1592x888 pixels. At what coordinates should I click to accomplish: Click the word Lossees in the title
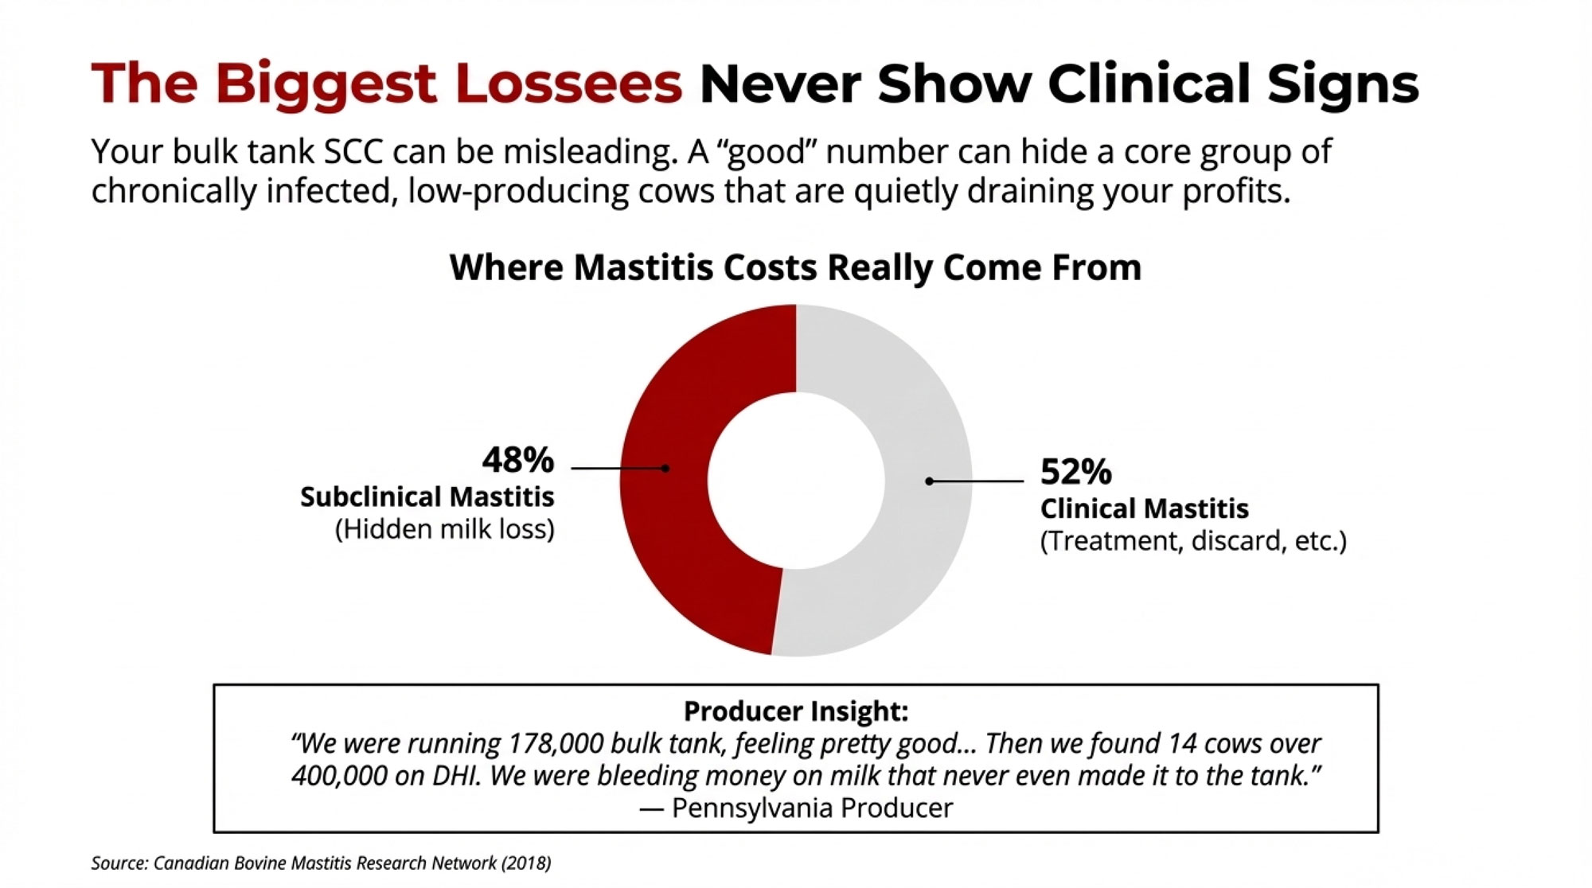click(568, 84)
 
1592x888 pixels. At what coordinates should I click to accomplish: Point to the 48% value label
click(517, 460)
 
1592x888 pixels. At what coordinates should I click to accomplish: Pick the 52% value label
click(1075, 472)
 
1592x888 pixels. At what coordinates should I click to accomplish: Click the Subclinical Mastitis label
click(427, 497)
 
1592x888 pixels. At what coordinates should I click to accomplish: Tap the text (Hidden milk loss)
click(444, 529)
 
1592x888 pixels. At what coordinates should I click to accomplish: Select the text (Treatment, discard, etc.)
click(1193, 541)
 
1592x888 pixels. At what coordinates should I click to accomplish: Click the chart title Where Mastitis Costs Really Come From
click(795, 267)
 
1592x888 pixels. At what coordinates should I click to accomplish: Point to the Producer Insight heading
click(795, 711)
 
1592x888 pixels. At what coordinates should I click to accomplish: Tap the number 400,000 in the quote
click(339, 776)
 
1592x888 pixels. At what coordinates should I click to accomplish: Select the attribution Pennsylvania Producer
click(812, 808)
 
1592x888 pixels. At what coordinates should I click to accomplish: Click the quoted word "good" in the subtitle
click(768, 151)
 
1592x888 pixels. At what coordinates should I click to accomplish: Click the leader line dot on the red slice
click(665, 469)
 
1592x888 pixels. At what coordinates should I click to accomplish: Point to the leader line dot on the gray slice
click(929, 481)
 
